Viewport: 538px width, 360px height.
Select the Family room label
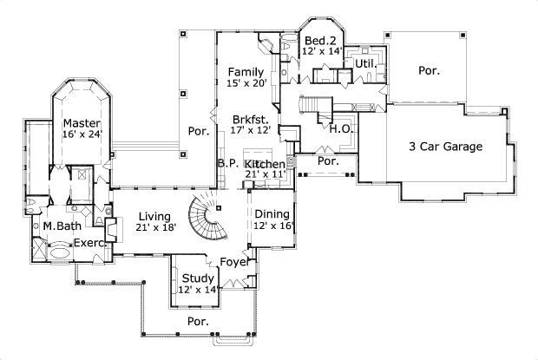[246, 71]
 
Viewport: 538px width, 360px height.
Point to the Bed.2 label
[320, 41]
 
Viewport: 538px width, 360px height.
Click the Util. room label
[364, 63]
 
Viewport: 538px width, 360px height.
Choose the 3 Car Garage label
[445, 147]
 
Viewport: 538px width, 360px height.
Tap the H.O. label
[339, 129]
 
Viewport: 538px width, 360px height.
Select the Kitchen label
[265, 164]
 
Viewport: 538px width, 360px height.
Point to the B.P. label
[228, 163]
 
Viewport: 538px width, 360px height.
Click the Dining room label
[273, 213]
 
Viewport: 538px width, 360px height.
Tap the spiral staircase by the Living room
[208, 218]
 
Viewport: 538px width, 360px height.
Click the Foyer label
[234, 260]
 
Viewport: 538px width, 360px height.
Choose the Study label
[198, 278]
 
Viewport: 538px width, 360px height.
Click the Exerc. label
[89, 243]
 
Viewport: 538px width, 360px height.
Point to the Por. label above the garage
[429, 70]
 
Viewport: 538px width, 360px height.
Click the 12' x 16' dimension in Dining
[273, 226]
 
